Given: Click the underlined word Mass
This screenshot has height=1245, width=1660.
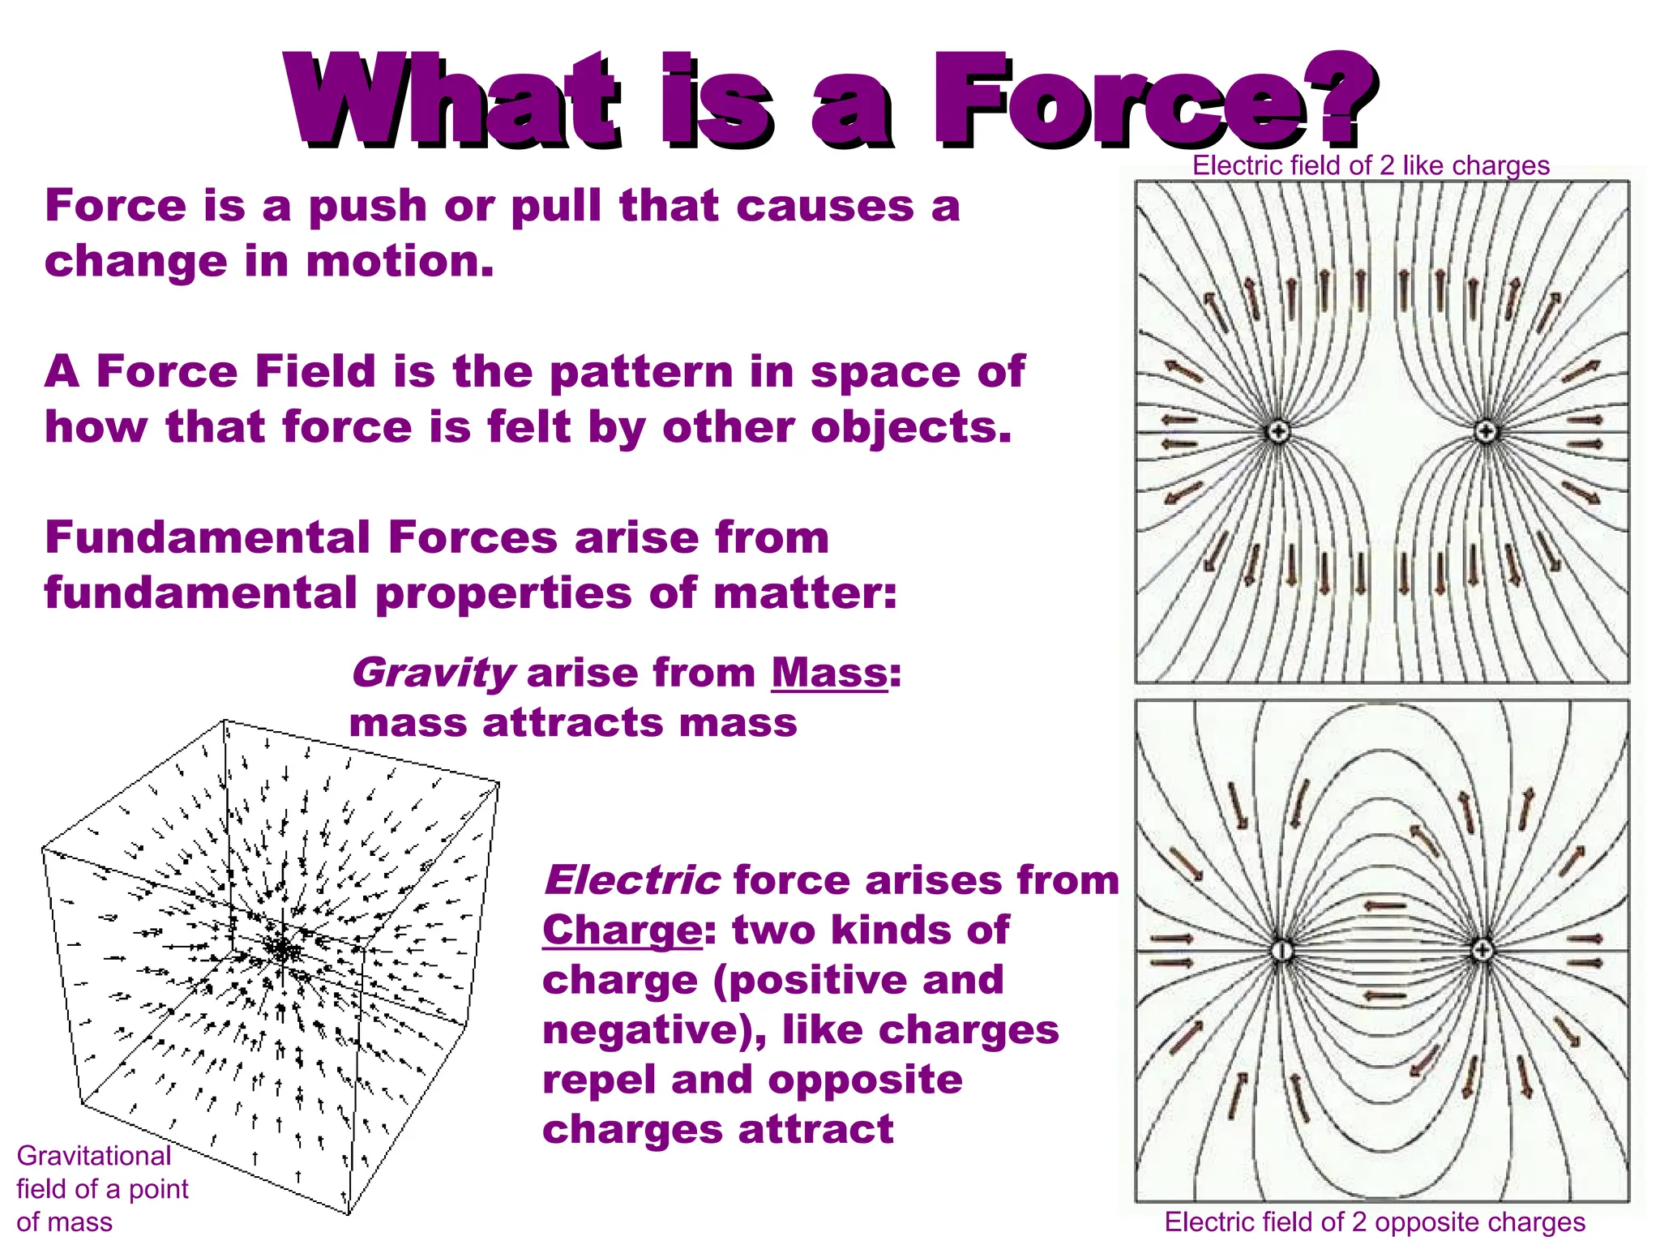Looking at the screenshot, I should (x=828, y=673).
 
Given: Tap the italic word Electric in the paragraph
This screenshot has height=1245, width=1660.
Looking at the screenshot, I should (x=631, y=881).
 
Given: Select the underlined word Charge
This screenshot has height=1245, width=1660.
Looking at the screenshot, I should (x=622, y=931).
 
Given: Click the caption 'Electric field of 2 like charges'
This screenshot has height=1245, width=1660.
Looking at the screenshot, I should (x=1371, y=166).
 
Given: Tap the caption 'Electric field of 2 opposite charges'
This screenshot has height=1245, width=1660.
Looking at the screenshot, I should (x=1375, y=1221).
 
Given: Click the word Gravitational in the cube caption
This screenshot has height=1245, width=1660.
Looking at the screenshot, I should (x=94, y=1156).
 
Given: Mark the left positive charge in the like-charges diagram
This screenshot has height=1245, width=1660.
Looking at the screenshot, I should (x=1278, y=431).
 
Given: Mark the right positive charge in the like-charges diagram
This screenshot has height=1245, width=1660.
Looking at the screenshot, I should (x=1485, y=431).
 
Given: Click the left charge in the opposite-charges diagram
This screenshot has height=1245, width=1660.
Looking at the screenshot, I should (x=1281, y=950).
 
